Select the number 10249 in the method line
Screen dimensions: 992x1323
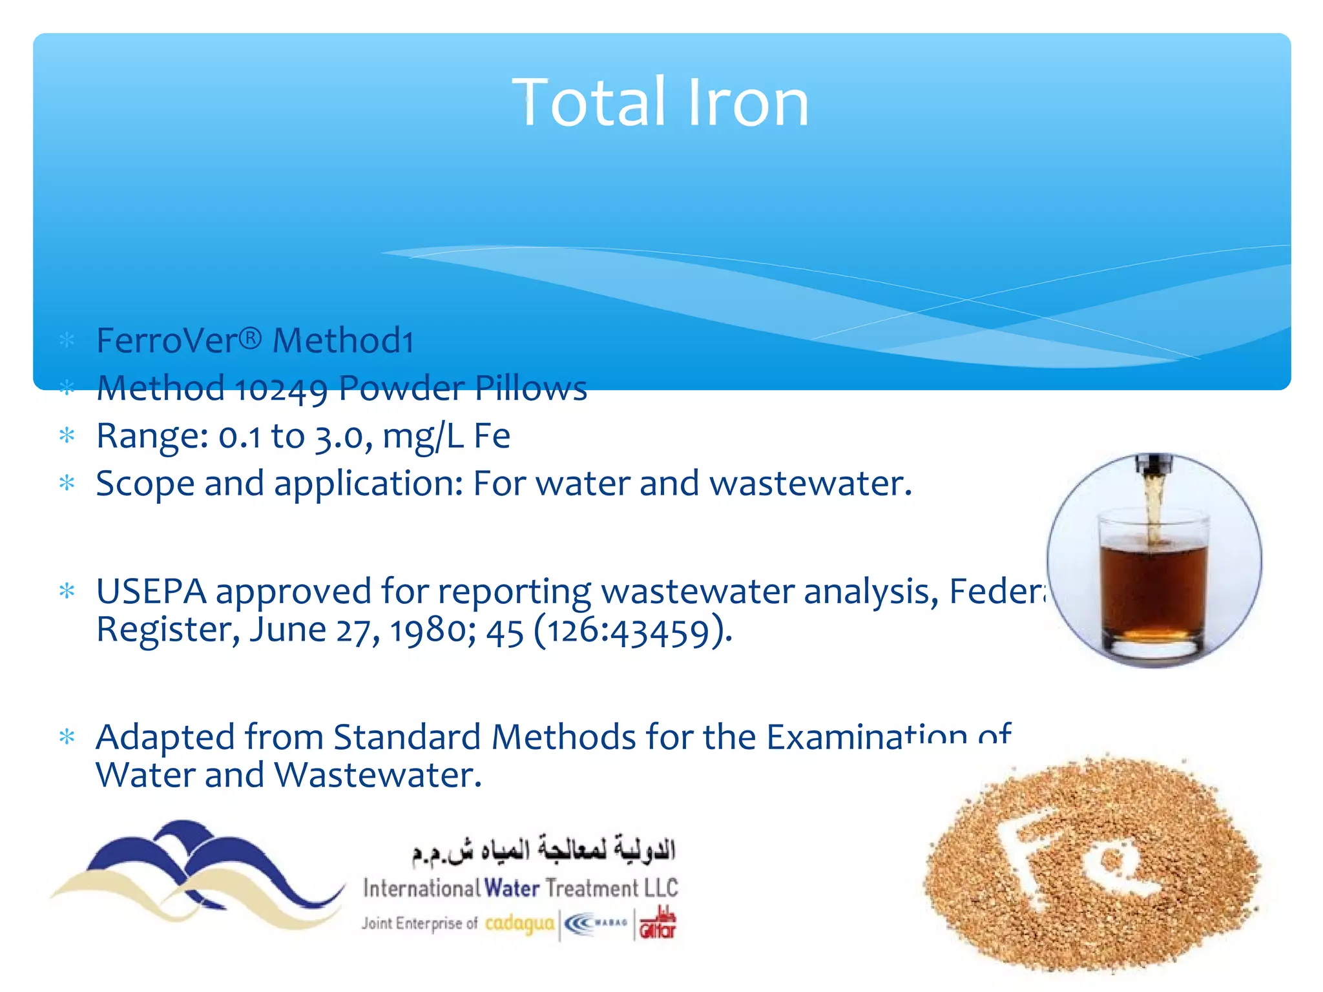[281, 389]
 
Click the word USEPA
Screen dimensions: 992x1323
[151, 591]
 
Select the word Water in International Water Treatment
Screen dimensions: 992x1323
[512, 888]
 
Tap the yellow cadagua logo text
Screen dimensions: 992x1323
[519, 923]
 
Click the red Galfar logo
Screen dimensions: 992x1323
[657, 924]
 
